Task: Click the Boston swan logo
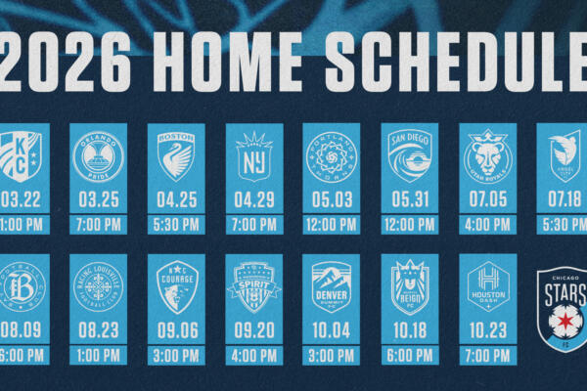point(176,156)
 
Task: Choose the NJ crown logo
point(254,156)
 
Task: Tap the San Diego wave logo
point(410,156)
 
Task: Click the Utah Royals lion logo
point(487,156)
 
